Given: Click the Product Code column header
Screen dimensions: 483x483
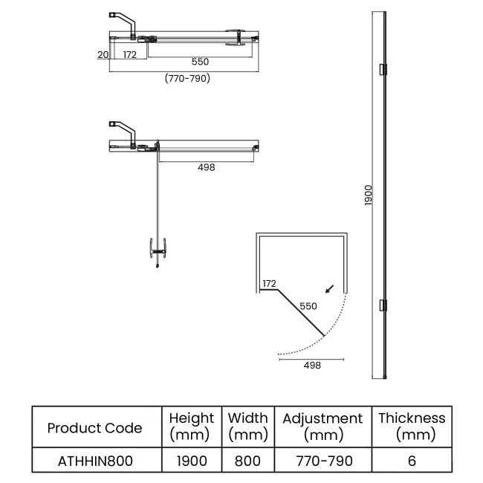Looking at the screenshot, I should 94,427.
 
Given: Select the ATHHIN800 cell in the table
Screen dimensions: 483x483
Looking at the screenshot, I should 94,461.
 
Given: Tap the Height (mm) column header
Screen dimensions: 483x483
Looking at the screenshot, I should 191,427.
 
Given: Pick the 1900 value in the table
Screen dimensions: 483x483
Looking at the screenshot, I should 191,461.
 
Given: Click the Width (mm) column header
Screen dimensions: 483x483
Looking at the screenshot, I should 247,427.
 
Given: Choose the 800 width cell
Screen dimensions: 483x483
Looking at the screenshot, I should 247,461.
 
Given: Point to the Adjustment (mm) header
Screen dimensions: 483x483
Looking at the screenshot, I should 322,427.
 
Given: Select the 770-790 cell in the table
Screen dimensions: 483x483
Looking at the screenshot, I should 322,461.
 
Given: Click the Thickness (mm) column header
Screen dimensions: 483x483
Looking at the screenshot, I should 412,427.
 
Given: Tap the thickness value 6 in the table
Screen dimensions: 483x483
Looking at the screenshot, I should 412,461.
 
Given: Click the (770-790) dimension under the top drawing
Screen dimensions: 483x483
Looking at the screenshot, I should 187,78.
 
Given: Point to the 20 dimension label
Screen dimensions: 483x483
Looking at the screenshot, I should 103,55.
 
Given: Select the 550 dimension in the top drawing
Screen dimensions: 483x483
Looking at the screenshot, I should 199,62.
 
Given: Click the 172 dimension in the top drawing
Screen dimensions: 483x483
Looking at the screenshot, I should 129,55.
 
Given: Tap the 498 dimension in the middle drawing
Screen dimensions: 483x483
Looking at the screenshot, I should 207,167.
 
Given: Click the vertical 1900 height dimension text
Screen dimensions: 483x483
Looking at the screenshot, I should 369,197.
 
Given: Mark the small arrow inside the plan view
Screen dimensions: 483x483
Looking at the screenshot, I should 329,288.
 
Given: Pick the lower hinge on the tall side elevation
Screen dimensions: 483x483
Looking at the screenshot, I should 383,305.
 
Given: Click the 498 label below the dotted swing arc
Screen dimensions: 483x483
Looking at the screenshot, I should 312,365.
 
